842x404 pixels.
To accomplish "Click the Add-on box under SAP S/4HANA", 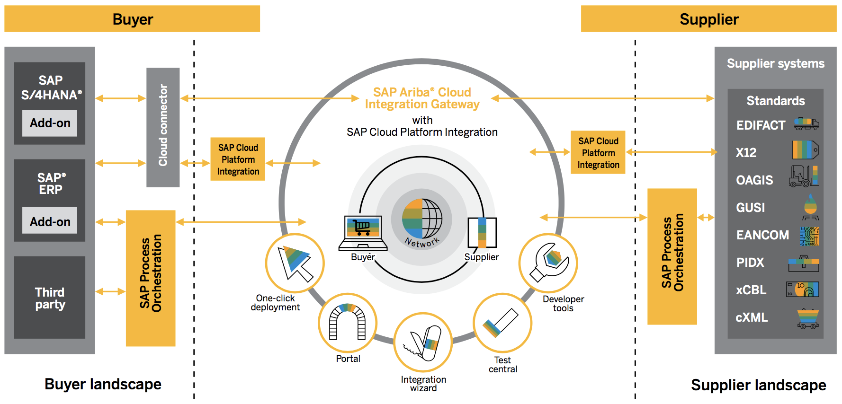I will click(x=50, y=123).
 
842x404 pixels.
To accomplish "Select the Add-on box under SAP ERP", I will click(x=50, y=221).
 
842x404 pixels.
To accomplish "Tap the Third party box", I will click(x=50, y=298).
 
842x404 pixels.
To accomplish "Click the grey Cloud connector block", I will click(x=163, y=127).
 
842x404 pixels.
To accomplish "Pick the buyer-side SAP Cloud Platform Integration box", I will click(x=238, y=159).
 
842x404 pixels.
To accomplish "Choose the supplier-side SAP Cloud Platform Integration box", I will click(x=598, y=153).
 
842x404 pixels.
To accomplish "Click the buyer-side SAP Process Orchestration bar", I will click(x=151, y=278).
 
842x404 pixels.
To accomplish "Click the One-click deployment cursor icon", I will click(x=295, y=263).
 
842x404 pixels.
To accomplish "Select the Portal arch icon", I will click(x=348, y=323).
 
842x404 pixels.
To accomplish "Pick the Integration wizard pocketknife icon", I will click(x=423, y=342).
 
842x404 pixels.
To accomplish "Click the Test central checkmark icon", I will click(x=502, y=323).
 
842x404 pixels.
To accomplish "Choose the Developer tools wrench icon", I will click(x=548, y=263).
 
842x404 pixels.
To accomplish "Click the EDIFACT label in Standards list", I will click(x=761, y=125).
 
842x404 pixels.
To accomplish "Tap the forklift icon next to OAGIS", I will click(x=803, y=176).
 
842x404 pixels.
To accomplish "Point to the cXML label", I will click(x=752, y=317).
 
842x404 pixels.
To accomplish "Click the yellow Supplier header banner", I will click(x=708, y=19).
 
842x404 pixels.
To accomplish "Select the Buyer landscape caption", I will click(x=103, y=384).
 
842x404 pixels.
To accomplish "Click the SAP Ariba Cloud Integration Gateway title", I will click(x=422, y=98).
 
